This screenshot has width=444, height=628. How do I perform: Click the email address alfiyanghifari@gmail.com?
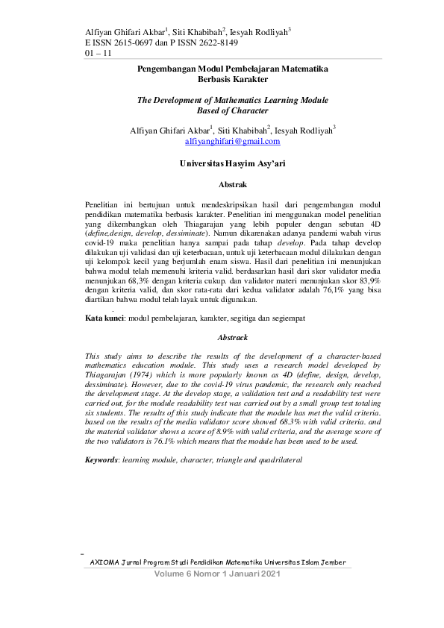[x=232, y=141]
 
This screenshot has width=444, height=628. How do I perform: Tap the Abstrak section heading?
[x=232, y=183]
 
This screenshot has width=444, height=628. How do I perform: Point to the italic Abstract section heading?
[x=232, y=338]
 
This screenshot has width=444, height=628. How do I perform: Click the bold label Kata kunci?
[x=104, y=318]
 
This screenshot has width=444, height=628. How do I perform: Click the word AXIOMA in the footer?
[x=104, y=562]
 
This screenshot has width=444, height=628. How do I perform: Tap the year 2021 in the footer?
[x=266, y=574]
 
